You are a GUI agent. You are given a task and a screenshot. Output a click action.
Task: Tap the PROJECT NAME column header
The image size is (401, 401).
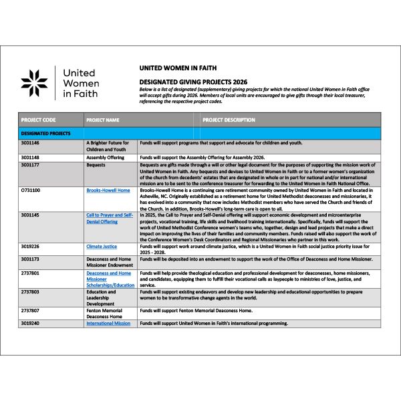(103, 120)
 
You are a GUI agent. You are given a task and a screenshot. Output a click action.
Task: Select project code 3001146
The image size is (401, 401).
(31, 143)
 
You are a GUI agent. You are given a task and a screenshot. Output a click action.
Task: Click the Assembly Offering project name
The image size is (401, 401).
(106, 157)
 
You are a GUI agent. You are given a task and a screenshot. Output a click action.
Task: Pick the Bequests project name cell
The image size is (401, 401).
(96, 164)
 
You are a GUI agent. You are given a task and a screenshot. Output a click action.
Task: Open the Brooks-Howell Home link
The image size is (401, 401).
(108, 190)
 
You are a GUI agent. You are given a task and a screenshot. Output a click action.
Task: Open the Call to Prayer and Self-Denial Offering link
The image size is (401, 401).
(110, 219)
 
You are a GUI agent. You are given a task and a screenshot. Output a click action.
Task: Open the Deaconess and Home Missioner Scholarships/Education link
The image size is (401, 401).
(110, 279)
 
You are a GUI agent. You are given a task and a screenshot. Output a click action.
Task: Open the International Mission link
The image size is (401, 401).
(108, 323)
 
